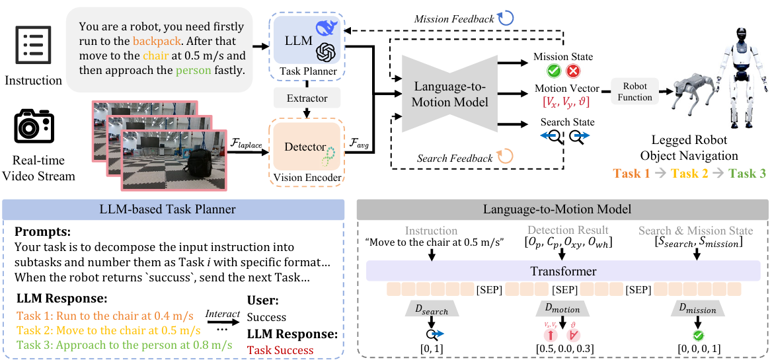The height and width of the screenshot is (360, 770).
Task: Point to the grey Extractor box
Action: pos(307,98)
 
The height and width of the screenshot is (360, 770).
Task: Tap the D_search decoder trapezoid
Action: pos(431,310)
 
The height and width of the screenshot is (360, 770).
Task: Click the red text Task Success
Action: pos(280,349)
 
